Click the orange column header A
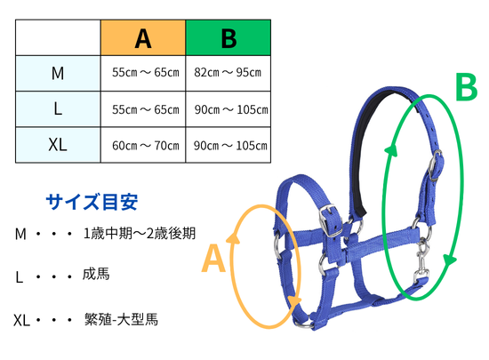point(143,37)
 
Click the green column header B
point(228,37)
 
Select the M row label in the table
point(58,74)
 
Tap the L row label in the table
point(58,109)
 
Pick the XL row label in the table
point(58,145)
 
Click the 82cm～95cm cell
point(228,73)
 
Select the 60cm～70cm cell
point(146,146)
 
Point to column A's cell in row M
point(146,73)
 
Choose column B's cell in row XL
point(230,146)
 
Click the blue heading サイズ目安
point(92,202)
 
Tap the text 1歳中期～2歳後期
point(140,234)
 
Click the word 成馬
point(96,274)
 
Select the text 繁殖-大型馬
point(121,319)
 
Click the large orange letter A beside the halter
point(213,259)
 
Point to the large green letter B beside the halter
point(467,86)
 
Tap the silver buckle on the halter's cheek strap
point(331,220)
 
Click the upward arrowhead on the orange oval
point(233,237)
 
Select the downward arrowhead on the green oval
point(449,260)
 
